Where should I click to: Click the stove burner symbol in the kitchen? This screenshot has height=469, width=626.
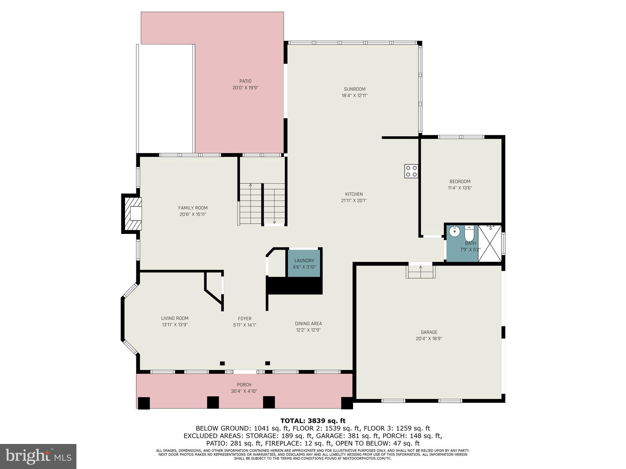point(411,171)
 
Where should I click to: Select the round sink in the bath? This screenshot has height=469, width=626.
point(455,232)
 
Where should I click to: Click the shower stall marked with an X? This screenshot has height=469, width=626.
point(490,243)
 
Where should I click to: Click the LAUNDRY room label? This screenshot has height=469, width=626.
point(304,260)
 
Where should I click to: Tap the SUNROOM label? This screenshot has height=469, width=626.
point(355,89)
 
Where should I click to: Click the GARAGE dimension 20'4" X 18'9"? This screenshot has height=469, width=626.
point(429,339)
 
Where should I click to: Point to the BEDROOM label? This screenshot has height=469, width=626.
point(460,181)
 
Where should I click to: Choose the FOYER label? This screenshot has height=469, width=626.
point(245,318)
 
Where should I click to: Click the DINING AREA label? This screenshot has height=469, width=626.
point(308,324)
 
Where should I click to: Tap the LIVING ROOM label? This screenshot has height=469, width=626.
point(175,318)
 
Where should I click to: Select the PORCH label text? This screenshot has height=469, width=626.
point(244,385)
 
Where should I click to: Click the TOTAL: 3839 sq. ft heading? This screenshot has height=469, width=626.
point(313,421)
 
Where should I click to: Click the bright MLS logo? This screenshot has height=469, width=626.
point(38,456)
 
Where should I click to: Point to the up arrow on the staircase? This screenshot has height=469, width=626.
point(251,185)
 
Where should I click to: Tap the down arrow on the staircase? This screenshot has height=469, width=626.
point(274,222)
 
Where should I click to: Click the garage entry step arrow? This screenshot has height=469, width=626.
point(421,267)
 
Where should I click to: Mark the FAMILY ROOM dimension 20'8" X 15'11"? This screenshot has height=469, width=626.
point(193,214)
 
